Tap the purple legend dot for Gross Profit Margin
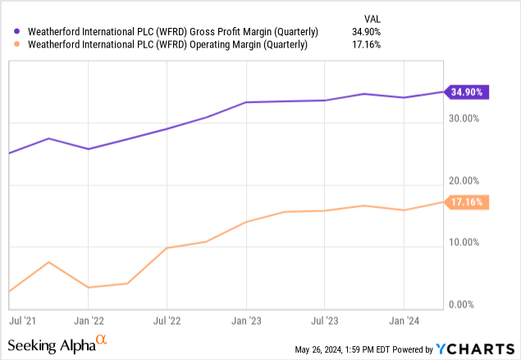(11, 31)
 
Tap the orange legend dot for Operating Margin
(11, 45)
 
